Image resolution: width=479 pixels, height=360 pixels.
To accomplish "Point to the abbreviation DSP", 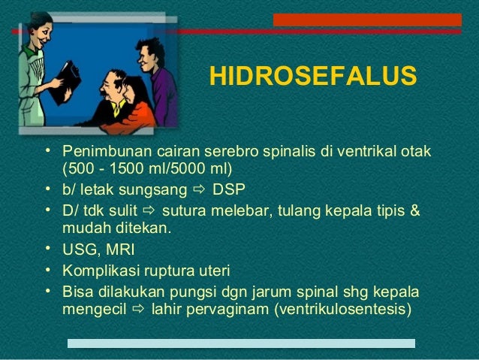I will tap(229, 189).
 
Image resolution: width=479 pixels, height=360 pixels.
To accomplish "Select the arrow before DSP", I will tap(202, 189).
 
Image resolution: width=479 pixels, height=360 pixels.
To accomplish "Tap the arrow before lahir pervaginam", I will tap(137, 308).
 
